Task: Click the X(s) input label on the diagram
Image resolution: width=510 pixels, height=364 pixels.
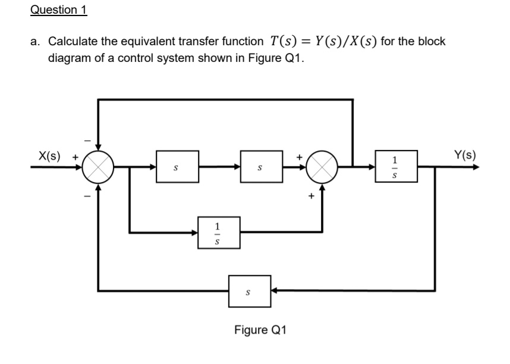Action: pyautogui.click(x=48, y=157)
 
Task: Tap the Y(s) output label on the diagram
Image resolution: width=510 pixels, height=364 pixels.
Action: pyautogui.click(x=464, y=157)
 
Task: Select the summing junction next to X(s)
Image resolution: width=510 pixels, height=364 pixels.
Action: pyautogui.click(x=98, y=168)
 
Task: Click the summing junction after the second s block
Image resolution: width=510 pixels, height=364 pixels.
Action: pyautogui.click(x=323, y=168)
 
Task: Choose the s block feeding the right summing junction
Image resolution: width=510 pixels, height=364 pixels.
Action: pyautogui.click(x=257, y=168)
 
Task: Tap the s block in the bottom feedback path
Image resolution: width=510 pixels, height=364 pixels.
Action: pyautogui.click(x=250, y=291)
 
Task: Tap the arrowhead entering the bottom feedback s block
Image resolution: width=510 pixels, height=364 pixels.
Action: pyautogui.click(x=275, y=291)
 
